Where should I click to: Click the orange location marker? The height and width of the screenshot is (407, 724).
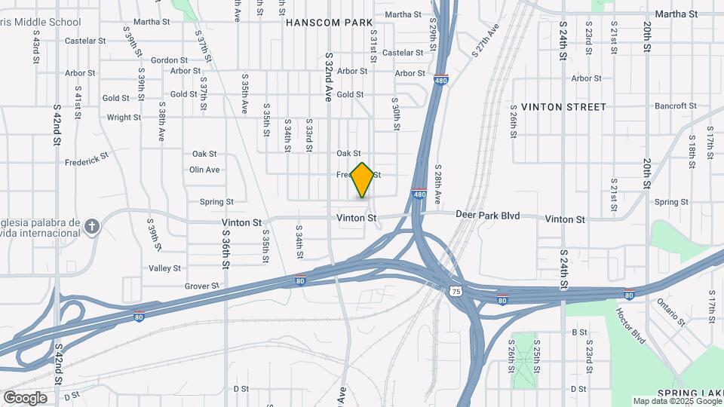[x=363, y=180]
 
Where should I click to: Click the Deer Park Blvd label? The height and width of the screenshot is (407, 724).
[x=487, y=216]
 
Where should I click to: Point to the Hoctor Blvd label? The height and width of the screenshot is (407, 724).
[x=630, y=326]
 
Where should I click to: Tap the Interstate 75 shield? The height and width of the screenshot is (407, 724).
[x=455, y=290]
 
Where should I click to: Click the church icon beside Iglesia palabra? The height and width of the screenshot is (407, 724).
[x=92, y=225]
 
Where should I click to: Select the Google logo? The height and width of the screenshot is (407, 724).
[x=25, y=397]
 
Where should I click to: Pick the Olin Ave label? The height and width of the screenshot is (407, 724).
[x=204, y=170]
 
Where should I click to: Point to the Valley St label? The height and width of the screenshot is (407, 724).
[x=164, y=268]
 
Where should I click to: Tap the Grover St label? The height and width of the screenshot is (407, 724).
[x=201, y=286]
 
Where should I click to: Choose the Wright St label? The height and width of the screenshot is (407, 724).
[x=124, y=118]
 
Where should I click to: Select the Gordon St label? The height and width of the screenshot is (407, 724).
[x=169, y=60]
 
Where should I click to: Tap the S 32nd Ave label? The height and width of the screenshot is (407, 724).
[x=329, y=77]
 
